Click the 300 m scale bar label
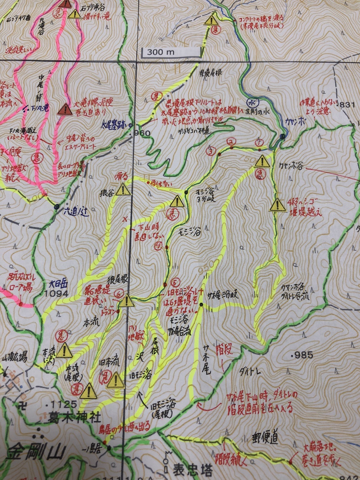[161, 52]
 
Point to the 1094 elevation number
[56, 294]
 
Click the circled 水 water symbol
[249, 102]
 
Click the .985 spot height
[303, 355]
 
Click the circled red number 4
[158, 246]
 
